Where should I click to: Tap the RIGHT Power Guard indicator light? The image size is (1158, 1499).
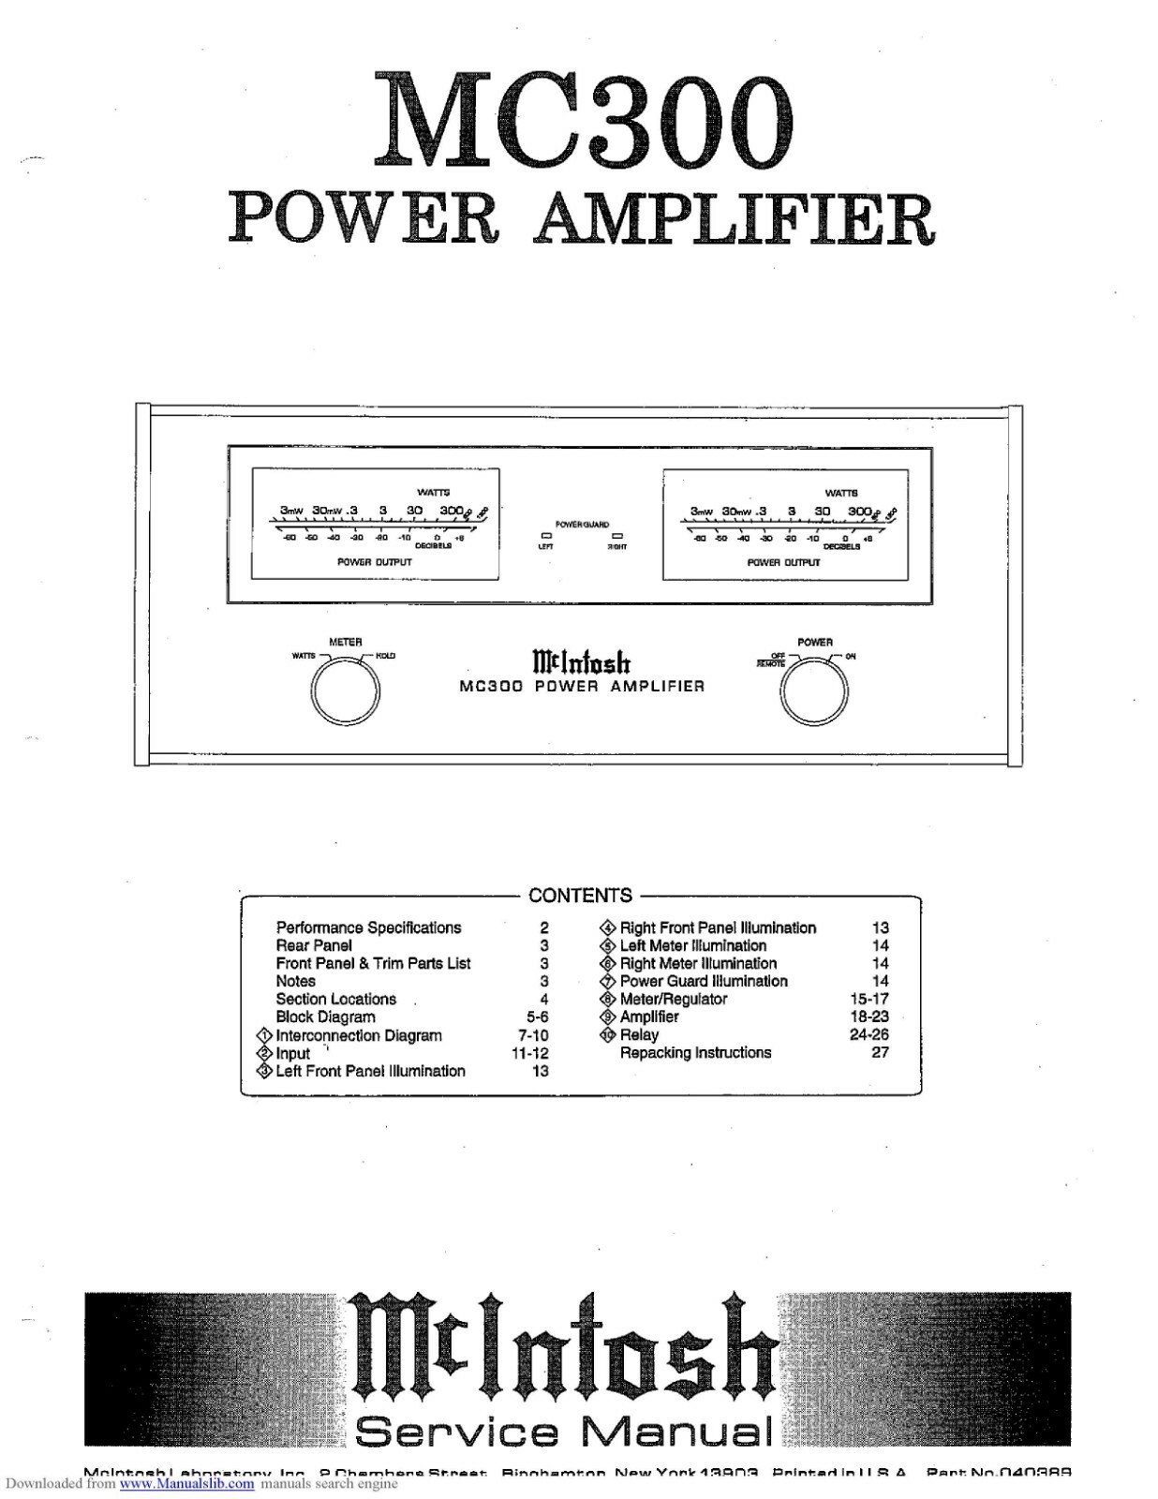(x=616, y=536)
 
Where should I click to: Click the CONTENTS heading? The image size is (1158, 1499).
(x=580, y=895)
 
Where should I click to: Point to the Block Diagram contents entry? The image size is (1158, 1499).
(x=325, y=1017)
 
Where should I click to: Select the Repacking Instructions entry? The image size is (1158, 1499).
(x=695, y=1052)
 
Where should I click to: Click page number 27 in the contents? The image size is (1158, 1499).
(x=880, y=1052)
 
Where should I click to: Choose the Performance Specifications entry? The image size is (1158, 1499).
(x=368, y=928)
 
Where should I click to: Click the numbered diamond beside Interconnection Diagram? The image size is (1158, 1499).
(x=264, y=1035)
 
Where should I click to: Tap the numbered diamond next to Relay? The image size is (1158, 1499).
(x=608, y=1035)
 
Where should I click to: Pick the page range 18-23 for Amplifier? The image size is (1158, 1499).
(x=868, y=1017)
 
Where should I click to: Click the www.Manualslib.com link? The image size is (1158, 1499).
(x=187, y=1484)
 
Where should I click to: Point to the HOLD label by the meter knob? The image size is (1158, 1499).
(x=386, y=656)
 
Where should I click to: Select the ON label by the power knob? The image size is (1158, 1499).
(x=851, y=656)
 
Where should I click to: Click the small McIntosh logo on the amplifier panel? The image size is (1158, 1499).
(x=581, y=662)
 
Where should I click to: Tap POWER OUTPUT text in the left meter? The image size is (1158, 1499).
(x=374, y=562)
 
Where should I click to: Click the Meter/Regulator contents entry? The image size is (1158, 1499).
(x=673, y=999)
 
